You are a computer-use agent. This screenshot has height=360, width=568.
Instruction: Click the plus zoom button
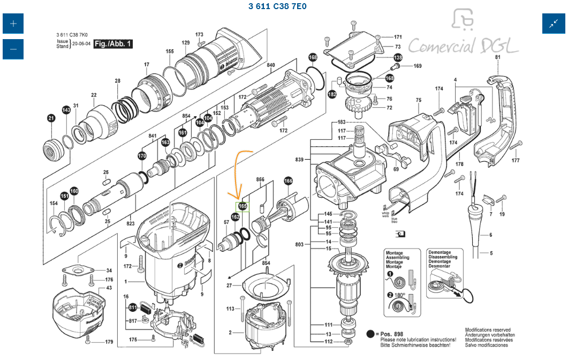click(x=13, y=24)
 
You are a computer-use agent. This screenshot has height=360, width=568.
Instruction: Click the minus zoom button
click(x=13, y=49)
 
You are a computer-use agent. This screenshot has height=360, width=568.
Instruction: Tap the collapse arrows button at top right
click(x=553, y=24)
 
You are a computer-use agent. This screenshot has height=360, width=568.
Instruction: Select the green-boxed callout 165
click(x=243, y=206)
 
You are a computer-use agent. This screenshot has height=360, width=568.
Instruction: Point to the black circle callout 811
click(x=132, y=307)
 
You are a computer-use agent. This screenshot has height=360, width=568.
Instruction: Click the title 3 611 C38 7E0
click(x=277, y=6)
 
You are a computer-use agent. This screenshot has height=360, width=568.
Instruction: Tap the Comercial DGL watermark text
click(x=463, y=46)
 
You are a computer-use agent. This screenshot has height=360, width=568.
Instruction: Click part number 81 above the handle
click(x=498, y=57)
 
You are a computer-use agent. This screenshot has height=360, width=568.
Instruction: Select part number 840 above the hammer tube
click(x=271, y=65)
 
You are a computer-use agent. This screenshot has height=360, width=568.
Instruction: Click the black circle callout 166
click(x=289, y=181)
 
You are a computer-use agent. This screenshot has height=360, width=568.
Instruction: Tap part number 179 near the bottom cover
click(x=109, y=342)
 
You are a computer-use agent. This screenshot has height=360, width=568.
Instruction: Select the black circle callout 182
click(x=332, y=94)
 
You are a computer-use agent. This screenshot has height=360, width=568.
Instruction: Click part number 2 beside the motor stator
click(x=230, y=333)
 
